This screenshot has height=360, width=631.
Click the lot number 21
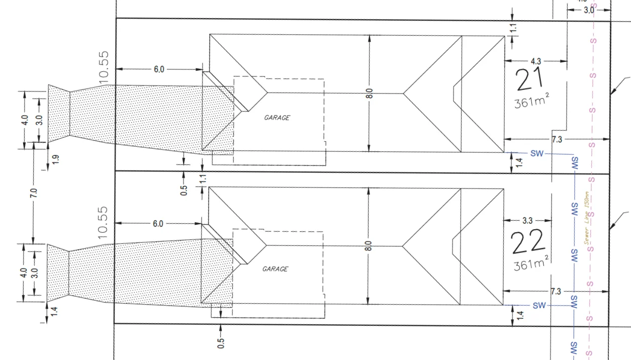pos(530,80)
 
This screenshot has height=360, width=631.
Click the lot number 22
pos(528,242)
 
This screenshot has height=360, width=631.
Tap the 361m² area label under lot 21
pos(531,102)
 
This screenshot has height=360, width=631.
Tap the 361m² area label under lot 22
pos(531,263)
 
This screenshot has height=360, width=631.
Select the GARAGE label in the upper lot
pos(277,118)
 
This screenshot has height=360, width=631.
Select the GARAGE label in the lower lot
pos(275,269)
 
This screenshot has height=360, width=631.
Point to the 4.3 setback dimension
pos(536,61)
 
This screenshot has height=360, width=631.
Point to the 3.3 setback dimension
pos(527,220)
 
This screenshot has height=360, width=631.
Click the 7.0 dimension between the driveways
pos(34,193)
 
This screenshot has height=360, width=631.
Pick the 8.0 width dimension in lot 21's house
pos(370,94)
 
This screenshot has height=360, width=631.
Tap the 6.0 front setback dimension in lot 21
pos(158,69)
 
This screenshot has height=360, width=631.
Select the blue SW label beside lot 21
pos(537,153)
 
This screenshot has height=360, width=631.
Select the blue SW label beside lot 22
pos(539,305)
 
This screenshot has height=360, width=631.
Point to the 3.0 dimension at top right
pos(588,10)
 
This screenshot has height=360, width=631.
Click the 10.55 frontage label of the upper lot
pos(104,66)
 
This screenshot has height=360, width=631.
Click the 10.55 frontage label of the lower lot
pos(104,221)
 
